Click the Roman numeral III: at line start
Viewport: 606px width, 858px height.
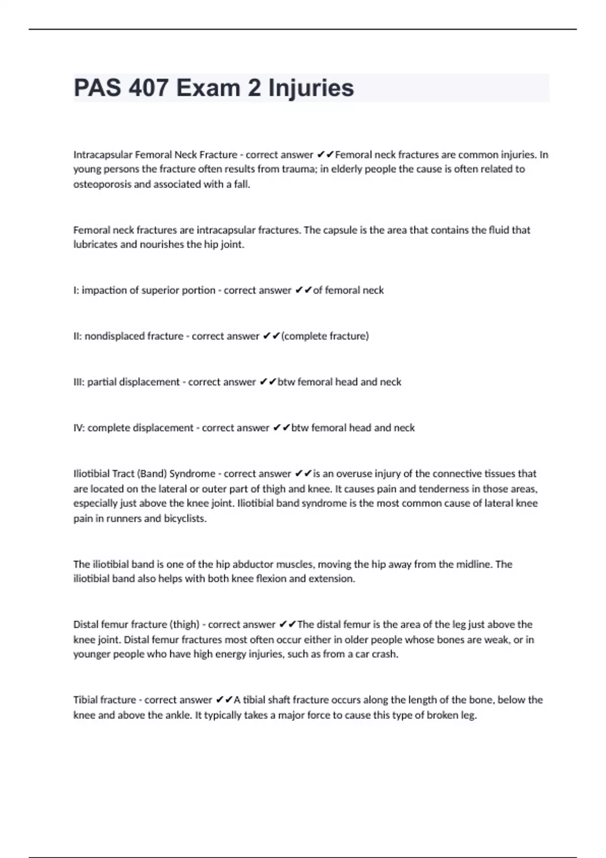click(x=79, y=382)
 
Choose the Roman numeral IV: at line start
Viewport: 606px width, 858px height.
click(x=79, y=428)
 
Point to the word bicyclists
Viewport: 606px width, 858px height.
click(x=185, y=519)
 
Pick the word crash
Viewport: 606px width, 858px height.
click(x=385, y=655)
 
